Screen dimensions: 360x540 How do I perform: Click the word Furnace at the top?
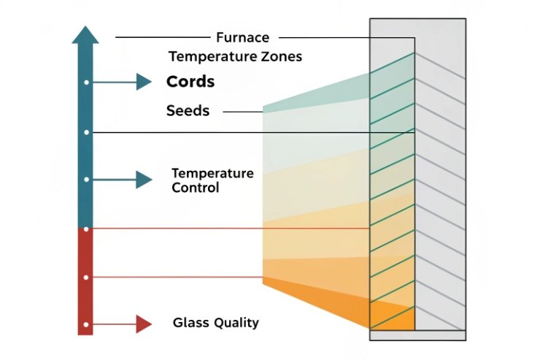pyautogui.click(x=243, y=37)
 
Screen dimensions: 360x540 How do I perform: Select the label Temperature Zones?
pyautogui.click(x=235, y=56)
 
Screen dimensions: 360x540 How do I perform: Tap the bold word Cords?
pyautogui.click(x=190, y=82)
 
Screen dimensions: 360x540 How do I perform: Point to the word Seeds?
pyautogui.click(x=188, y=111)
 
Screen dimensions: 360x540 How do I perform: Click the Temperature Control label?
pyautogui.click(x=212, y=180)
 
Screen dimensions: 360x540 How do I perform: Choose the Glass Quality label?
pyautogui.click(x=215, y=322)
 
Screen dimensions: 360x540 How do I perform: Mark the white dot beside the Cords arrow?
pyautogui.click(x=86, y=83)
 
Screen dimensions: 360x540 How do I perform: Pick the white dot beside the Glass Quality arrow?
pyautogui.click(x=86, y=324)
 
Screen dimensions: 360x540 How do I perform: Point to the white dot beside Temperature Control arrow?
pyautogui.click(x=86, y=180)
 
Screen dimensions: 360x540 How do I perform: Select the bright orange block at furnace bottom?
pyautogui.click(x=393, y=318)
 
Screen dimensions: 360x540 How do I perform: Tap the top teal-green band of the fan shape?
pyautogui.click(x=321, y=91)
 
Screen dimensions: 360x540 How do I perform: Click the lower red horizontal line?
pyautogui.click(x=175, y=277)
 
